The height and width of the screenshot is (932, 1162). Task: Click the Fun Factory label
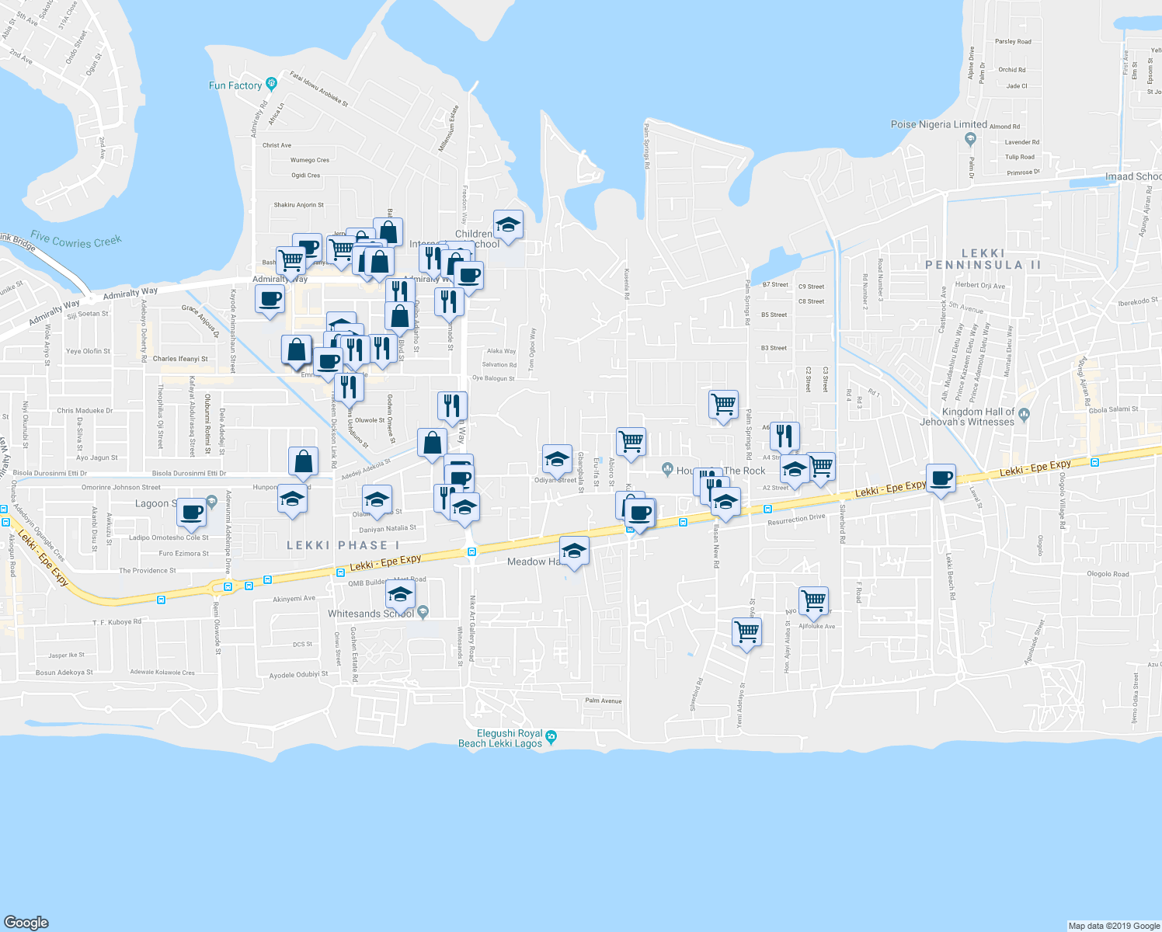235,85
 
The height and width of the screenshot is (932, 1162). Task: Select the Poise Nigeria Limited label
938,124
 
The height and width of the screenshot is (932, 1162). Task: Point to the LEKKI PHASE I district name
343,545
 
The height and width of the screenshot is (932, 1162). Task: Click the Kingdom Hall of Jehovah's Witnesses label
967,417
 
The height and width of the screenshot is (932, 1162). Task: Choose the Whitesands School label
371,614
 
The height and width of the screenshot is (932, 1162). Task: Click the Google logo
26,922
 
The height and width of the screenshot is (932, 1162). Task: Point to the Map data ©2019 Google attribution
1114,926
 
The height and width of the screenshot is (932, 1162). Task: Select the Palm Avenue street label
604,701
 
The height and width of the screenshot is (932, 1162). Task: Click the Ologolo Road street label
1108,574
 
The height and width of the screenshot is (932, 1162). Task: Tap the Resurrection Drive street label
796,519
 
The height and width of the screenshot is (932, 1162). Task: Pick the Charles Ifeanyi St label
180,359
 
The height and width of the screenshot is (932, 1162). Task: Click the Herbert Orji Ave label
979,285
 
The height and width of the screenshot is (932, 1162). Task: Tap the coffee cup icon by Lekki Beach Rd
941,478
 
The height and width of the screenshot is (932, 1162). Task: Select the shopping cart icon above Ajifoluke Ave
813,600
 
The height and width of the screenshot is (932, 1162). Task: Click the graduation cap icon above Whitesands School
400,596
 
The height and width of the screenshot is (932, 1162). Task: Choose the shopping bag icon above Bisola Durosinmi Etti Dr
303,461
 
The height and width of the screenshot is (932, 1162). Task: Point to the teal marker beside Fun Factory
271,83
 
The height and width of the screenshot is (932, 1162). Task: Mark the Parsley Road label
1013,42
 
